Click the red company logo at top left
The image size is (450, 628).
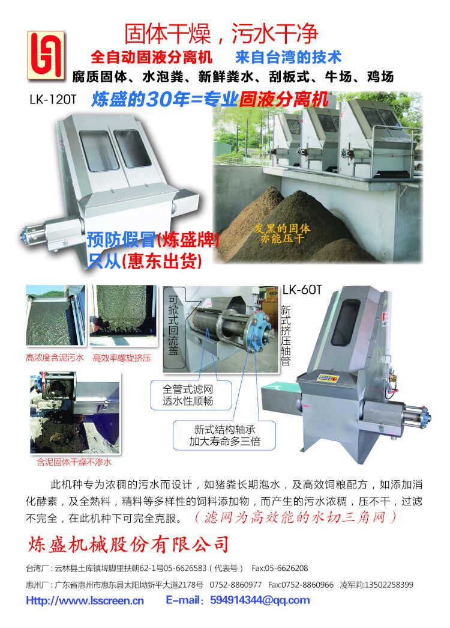pyautogui.click(x=46, y=55)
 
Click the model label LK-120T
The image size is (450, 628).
pyautogui.click(x=52, y=99)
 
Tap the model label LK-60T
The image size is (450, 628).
pyautogui.click(x=302, y=290)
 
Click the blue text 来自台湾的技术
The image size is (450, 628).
pyautogui.click(x=288, y=57)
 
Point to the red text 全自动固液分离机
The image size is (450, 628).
pyautogui.click(x=151, y=57)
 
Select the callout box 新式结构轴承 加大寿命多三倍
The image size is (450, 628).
pyautogui.click(x=224, y=435)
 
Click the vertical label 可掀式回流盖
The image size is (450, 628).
pyautogui.click(x=173, y=325)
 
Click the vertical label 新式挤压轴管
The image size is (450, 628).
pyautogui.click(x=285, y=335)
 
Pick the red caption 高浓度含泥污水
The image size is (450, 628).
pyautogui.click(x=55, y=358)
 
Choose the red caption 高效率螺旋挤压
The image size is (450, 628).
pyautogui.click(x=122, y=358)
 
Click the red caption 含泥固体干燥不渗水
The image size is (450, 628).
pyautogui.click(x=74, y=462)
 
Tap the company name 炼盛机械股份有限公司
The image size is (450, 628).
pyautogui.click(x=128, y=544)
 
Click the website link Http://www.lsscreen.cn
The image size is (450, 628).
pyautogui.click(x=85, y=600)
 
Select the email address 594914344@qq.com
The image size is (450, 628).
pyautogui.click(x=260, y=600)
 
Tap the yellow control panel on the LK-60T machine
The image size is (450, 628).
pyautogui.click(x=328, y=377)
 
